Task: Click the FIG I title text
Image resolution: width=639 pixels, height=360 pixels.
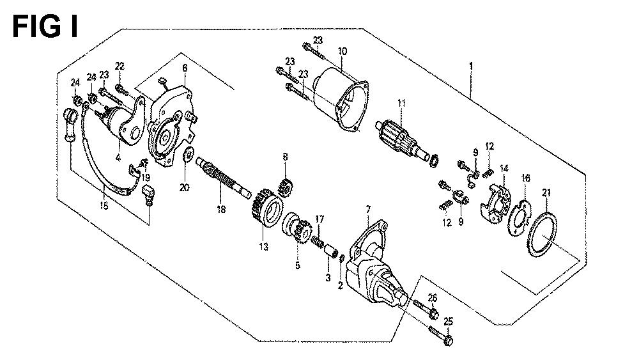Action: click(x=45, y=27)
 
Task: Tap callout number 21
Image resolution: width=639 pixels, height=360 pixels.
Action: click(x=546, y=194)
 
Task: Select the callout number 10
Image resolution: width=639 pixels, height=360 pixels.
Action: click(x=343, y=51)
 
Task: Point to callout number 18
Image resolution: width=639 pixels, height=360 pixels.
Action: click(x=221, y=210)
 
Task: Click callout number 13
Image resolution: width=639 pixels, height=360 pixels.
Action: click(x=264, y=247)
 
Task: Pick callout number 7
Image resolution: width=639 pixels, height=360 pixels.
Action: click(x=369, y=210)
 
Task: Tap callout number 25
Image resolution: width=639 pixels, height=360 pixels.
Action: click(x=448, y=322)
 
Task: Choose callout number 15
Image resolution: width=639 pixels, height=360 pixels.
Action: click(x=104, y=206)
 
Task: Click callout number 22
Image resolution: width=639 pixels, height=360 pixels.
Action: click(x=119, y=66)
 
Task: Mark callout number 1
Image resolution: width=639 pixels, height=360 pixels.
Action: click(x=472, y=66)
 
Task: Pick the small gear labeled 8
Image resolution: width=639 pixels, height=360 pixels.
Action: click(x=284, y=187)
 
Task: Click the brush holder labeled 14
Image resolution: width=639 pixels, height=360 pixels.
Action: click(x=496, y=204)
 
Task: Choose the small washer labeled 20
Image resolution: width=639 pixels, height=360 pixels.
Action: click(x=189, y=155)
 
